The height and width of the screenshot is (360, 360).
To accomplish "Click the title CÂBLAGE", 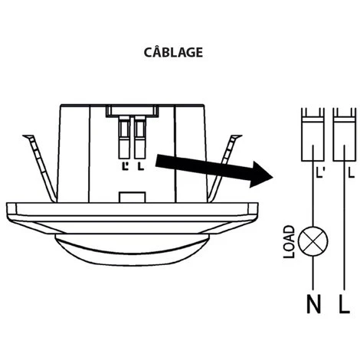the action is click(x=173, y=51).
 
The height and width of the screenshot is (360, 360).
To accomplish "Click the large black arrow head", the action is click(x=260, y=175).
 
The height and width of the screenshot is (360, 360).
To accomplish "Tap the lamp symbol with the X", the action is click(x=313, y=241).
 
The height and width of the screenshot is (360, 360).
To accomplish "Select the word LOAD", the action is click(x=290, y=242).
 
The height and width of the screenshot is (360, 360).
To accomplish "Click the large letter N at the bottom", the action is click(x=313, y=304).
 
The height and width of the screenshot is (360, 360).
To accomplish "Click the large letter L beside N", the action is click(x=344, y=304).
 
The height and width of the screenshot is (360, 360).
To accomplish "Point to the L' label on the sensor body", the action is click(x=125, y=166).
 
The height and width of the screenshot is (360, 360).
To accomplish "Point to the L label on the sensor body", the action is click(x=141, y=166).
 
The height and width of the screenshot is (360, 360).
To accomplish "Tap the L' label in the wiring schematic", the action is click(x=320, y=173).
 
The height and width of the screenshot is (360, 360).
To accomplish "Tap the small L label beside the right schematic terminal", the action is click(x=352, y=173).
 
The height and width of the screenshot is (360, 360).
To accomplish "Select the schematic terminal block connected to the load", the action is click(x=313, y=135).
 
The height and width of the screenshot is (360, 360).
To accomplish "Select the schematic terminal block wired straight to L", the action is click(x=345, y=135).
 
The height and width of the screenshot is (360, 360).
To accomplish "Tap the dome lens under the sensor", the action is click(x=132, y=249).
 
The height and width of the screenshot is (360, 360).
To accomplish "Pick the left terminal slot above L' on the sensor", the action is click(x=124, y=137).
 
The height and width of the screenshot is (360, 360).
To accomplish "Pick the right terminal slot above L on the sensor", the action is click(x=140, y=137).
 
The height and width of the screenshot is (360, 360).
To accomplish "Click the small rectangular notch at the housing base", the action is click(x=133, y=197).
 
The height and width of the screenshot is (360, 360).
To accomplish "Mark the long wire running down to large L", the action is click(x=345, y=218).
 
